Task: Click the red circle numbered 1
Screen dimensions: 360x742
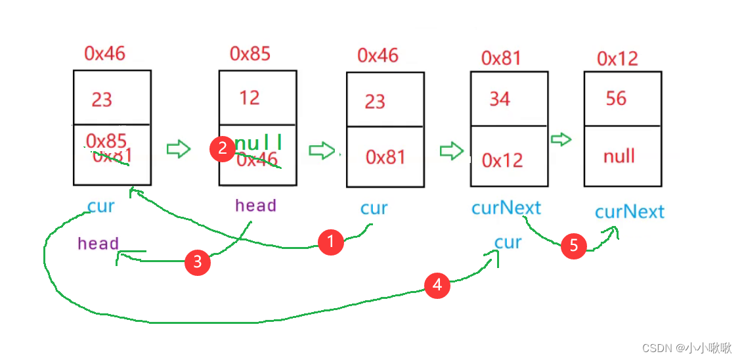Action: click(330, 242)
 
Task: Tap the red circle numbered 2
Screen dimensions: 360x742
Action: click(222, 148)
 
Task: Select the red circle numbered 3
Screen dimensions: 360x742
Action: click(197, 263)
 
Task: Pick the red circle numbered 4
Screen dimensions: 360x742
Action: click(437, 285)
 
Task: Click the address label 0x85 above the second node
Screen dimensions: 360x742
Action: click(250, 53)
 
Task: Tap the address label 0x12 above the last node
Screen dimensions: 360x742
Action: click(617, 58)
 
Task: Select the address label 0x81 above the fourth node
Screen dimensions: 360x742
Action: click(501, 58)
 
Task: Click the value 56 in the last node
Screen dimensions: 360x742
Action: click(616, 99)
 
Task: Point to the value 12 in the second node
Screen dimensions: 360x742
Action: click(250, 98)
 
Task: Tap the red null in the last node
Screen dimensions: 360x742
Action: click(619, 156)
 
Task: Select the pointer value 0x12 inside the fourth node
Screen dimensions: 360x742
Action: click(502, 160)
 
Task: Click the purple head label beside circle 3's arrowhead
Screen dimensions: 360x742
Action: click(98, 244)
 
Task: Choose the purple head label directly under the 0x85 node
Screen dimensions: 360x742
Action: click(255, 206)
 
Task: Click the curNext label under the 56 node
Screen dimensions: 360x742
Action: click(629, 212)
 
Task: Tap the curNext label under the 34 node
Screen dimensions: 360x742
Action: click(506, 208)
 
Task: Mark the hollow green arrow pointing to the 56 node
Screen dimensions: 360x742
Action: click(561, 139)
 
